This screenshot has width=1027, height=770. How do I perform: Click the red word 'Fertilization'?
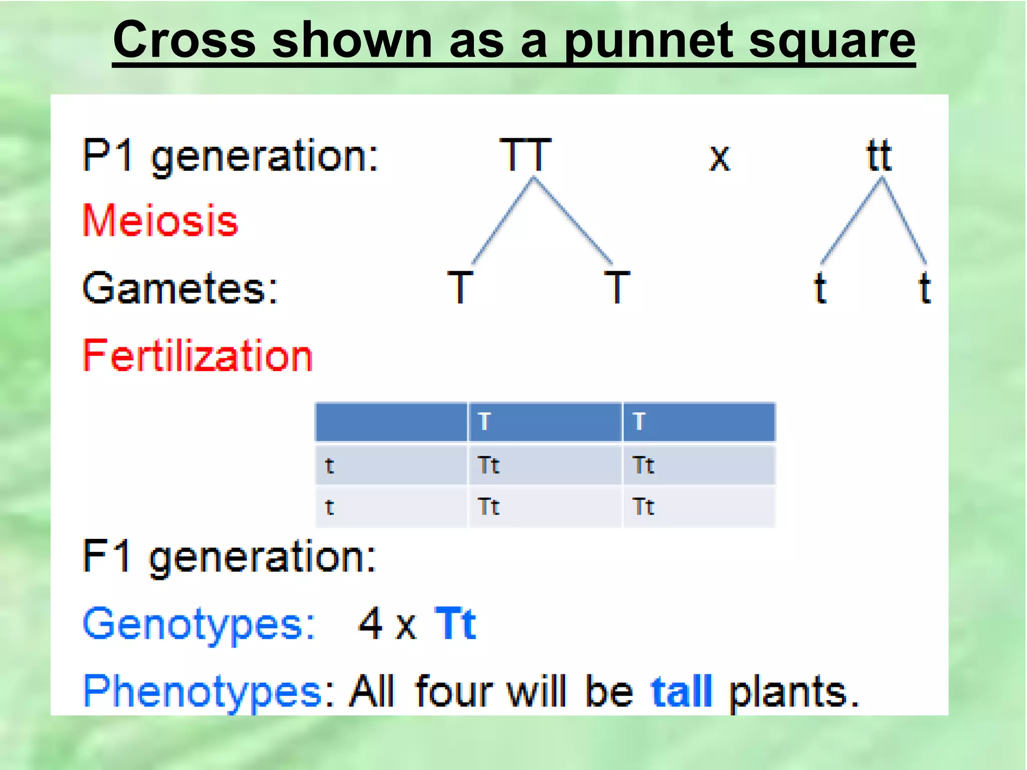click(x=198, y=355)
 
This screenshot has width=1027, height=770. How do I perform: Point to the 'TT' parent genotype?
click(x=526, y=155)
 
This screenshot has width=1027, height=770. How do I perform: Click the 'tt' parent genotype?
click(x=879, y=155)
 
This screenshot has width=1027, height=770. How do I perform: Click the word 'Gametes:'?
click(x=180, y=288)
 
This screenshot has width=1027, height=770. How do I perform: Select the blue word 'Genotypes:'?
click(x=199, y=625)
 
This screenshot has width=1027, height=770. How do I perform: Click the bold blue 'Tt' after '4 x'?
click(x=455, y=624)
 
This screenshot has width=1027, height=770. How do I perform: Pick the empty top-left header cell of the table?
click(x=391, y=422)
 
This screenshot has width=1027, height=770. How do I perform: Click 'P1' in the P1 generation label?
click(x=108, y=155)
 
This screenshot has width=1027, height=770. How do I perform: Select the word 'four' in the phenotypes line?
click(x=453, y=692)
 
